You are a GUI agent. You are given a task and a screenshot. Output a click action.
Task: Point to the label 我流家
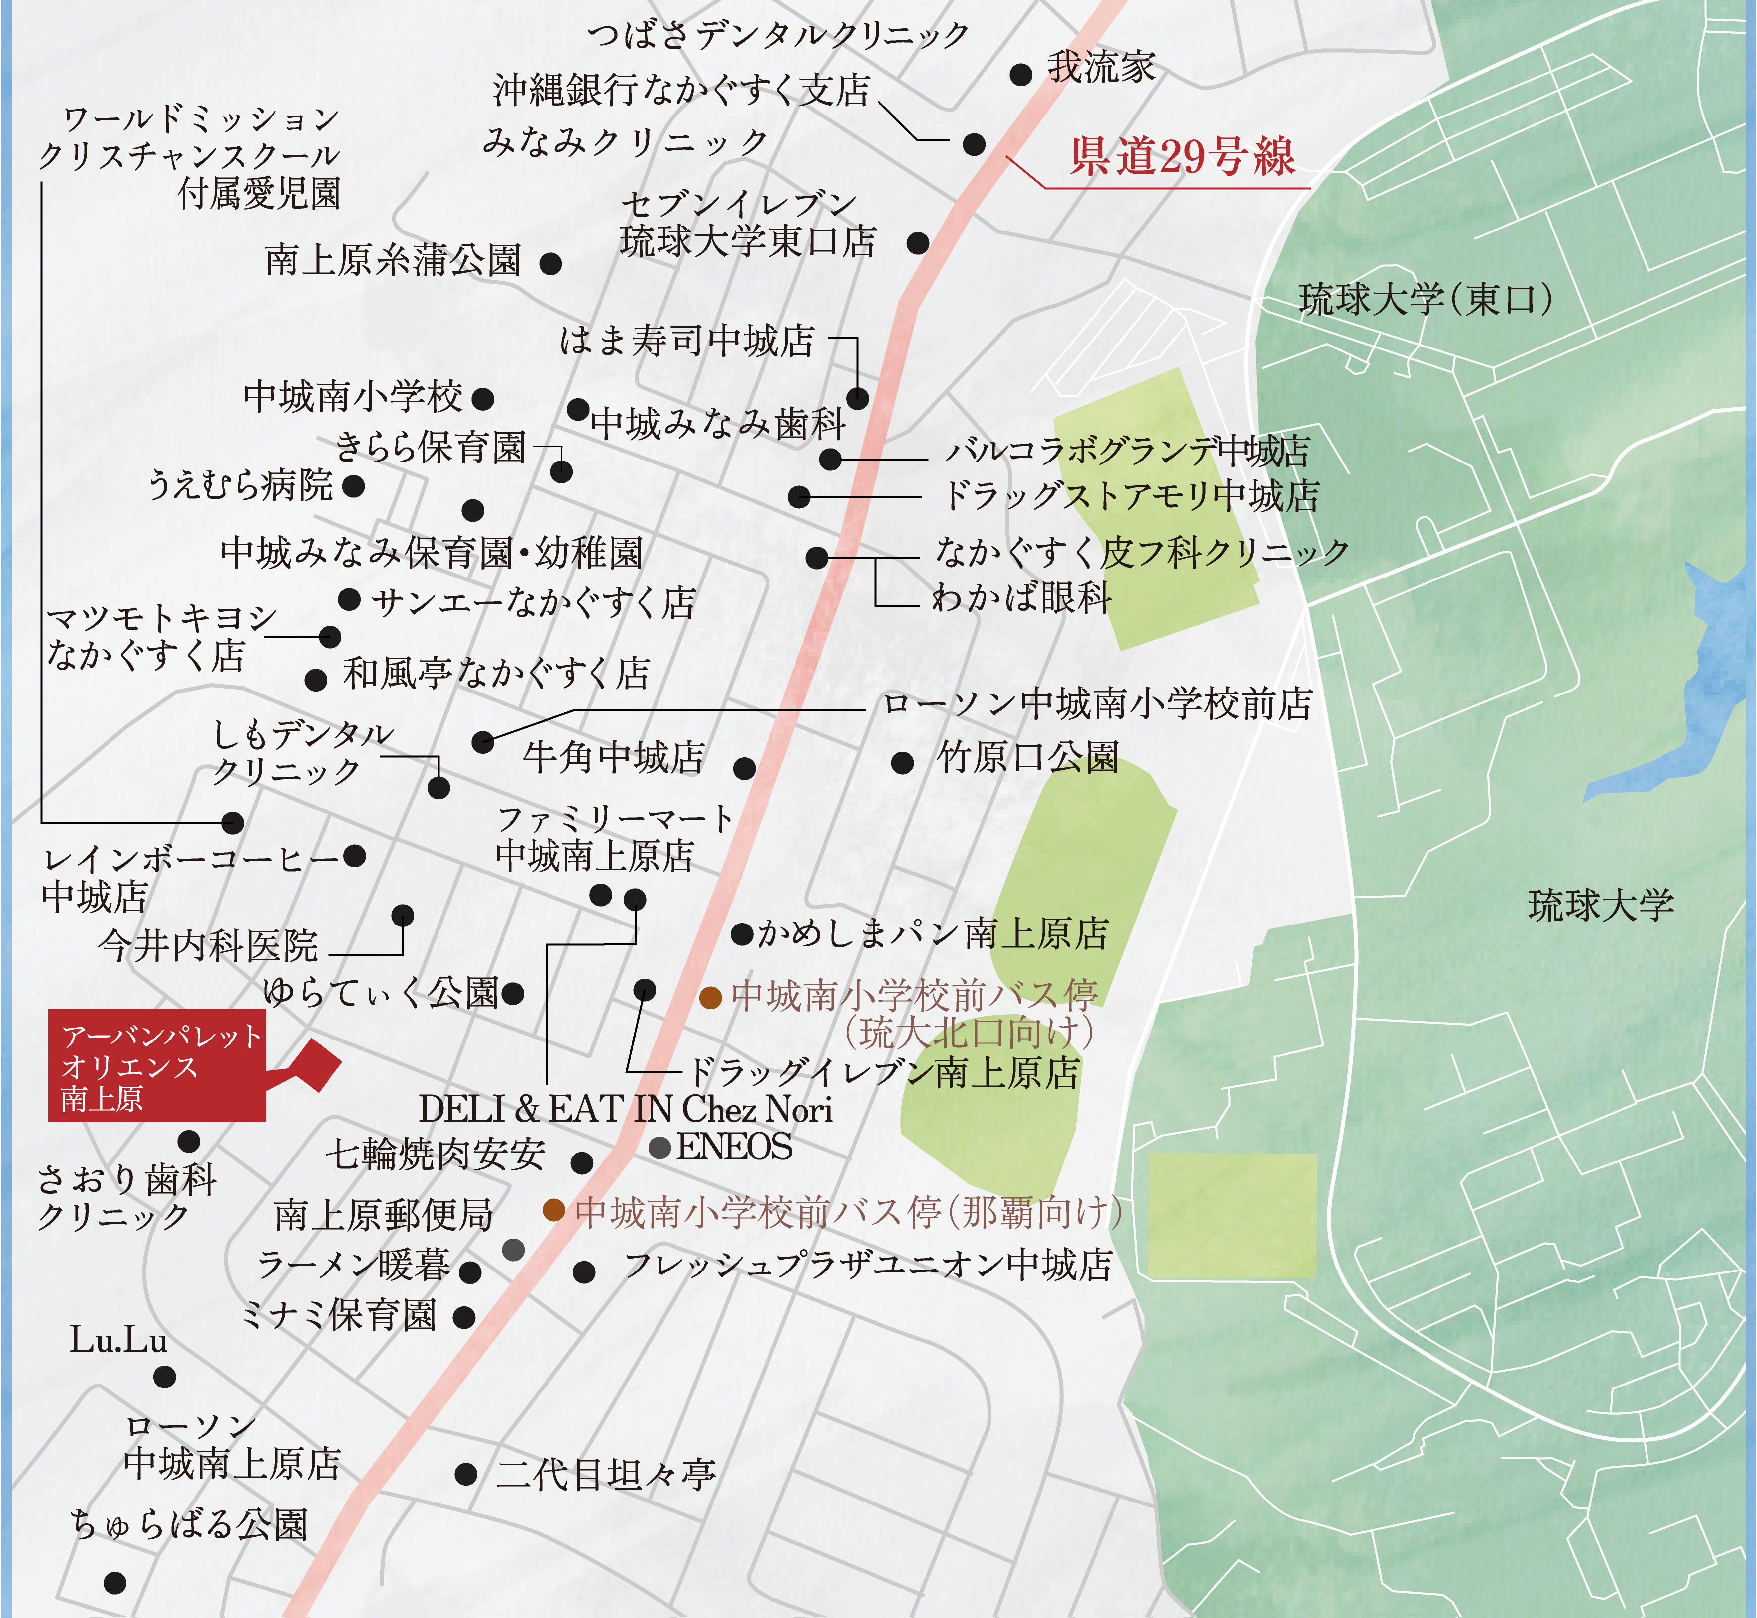(x=1101, y=67)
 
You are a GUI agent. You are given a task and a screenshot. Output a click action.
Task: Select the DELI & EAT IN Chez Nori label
(x=625, y=1109)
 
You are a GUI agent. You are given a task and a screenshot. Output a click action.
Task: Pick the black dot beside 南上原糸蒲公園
(x=550, y=263)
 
